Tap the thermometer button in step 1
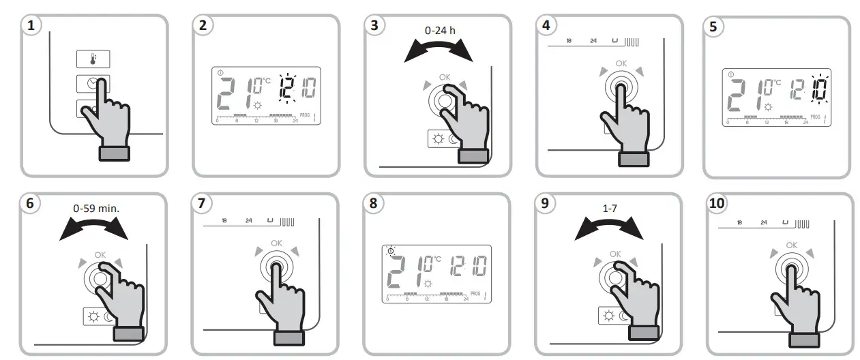point(93,59)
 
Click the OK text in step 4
point(621,63)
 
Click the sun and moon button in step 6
point(98,316)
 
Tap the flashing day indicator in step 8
point(390,251)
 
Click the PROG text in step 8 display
point(475,293)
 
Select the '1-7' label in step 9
point(608,207)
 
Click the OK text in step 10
point(791,245)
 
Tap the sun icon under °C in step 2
point(257,106)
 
